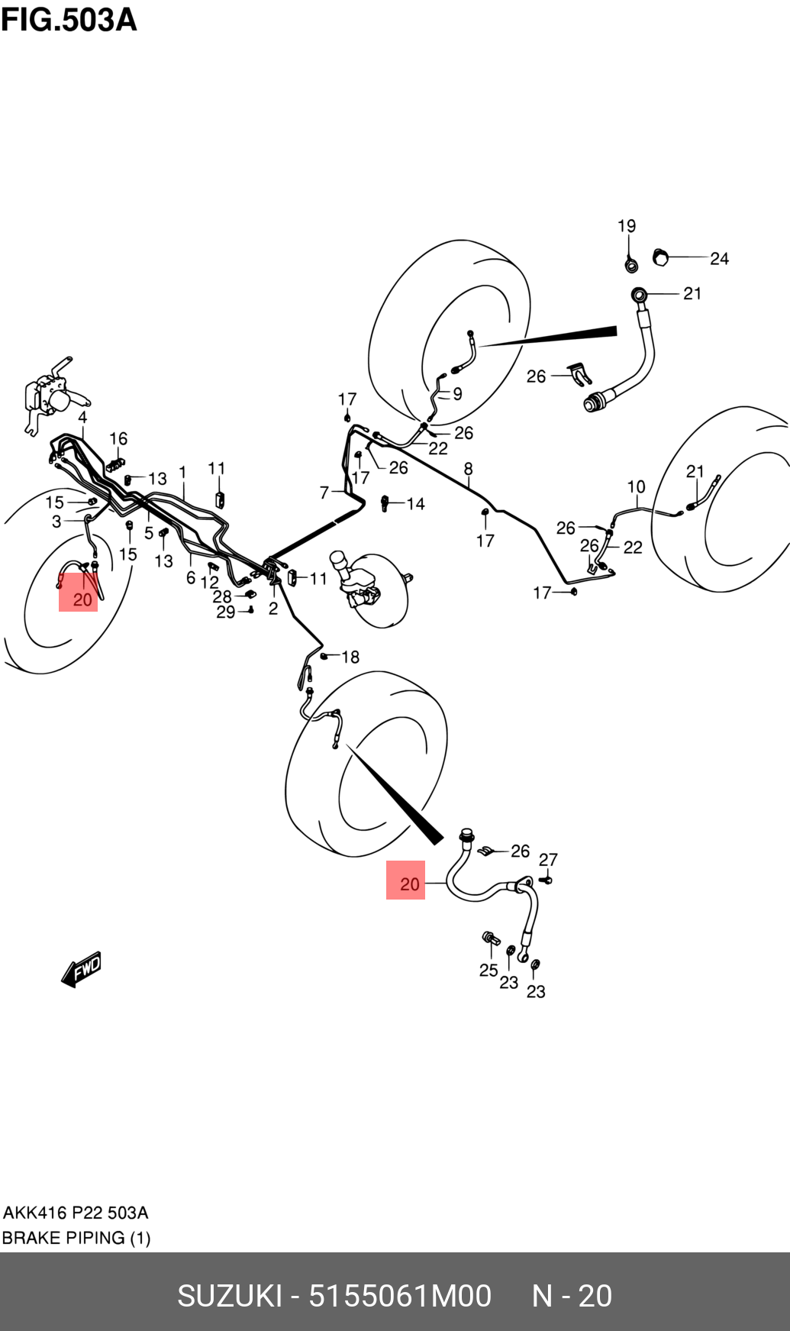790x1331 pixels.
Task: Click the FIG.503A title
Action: [69, 20]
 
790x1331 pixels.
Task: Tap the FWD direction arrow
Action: [82, 969]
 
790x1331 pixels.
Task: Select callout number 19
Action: [627, 226]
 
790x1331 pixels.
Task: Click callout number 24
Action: [719, 259]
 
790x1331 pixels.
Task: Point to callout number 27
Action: [548, 860]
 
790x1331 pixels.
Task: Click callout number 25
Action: [489, 970]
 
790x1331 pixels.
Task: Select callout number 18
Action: [350, 657]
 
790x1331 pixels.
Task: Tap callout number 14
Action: [415, 504]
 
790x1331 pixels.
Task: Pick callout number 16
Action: [118, 438]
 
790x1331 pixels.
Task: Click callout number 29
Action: [225, 612]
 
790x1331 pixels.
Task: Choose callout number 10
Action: [636, 486]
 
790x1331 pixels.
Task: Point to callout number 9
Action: [457, 394]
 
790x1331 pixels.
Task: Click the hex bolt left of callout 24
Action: [661, 257]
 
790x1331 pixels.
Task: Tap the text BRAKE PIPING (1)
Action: [76, 1238]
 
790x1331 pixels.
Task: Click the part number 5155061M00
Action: [400, 1296]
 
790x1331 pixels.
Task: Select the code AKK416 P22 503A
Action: [76, 1213]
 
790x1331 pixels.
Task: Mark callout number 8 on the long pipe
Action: [468, 469]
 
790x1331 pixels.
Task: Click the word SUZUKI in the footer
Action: [230, 1296]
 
